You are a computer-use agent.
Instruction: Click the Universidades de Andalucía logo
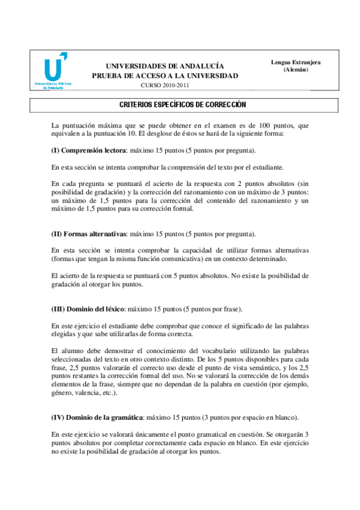(52, 71)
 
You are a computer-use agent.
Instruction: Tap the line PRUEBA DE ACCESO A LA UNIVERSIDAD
(165, 76)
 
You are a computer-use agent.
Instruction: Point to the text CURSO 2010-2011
(164, 86)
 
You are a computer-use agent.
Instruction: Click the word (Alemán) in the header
(296, 70)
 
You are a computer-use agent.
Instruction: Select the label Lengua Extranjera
(296, 62)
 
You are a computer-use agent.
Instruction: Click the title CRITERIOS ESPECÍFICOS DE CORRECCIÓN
(179, 105)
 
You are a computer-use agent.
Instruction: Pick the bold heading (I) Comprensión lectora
(89, 150)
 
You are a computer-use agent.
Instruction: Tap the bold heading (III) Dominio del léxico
(88, 309)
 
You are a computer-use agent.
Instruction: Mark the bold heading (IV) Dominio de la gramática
(97, 417)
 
